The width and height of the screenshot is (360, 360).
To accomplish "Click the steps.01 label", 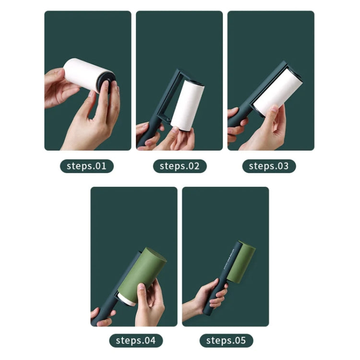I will click(87, 166).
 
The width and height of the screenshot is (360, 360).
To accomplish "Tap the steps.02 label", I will click(180, 166).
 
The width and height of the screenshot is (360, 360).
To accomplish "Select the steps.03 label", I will click(269, 166).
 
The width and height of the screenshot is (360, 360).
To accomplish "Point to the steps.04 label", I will click(136, 340).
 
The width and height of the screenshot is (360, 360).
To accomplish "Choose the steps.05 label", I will click(226, 340).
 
